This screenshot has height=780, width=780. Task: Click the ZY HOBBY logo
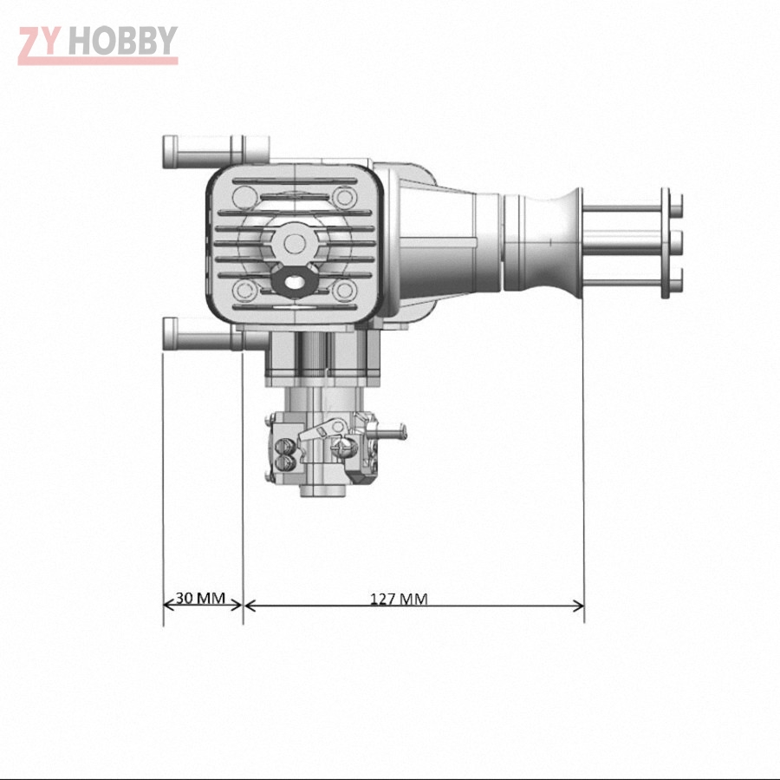pyautogui.click(x=97, y=43)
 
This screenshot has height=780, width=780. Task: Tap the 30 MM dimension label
pyautogui.click(x=200, y=598)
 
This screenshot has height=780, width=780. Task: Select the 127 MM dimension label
pyautogui.click(x=399, y=598)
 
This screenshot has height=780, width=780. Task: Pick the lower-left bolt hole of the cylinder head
pyautogui.click(x=246, y=289)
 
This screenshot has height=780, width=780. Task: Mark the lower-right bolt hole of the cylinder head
pyautogui.click(x=345, y=289)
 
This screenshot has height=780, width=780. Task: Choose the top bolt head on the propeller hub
pyautogui.click(x=677, y=205)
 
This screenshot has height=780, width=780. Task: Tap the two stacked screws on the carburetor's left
pyautogui.click(x=284, y=456)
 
